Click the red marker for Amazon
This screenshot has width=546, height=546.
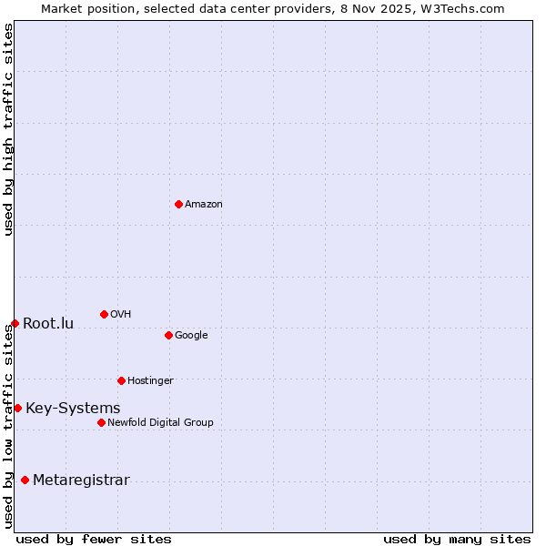point(178,204)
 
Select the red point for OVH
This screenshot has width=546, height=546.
point(104,314)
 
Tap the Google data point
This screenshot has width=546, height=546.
point(168,335)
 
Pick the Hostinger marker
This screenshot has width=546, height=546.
point(121,380)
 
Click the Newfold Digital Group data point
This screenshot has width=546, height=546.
point(101,422)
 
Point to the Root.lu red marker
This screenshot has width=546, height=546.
point(15,323)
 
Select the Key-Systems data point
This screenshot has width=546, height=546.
point(17,408)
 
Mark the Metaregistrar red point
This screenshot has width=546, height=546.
point(25,480)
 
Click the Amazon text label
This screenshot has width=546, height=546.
point(204,205)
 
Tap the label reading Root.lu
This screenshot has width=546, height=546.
point(48,323)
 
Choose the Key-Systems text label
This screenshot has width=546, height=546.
point(73,408)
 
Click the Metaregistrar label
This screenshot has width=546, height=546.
point(81,480)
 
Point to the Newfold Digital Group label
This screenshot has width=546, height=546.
point(160,422)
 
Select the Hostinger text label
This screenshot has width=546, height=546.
point(150,380)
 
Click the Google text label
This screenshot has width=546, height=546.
point(191,335)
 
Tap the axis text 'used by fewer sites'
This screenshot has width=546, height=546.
point(94,539)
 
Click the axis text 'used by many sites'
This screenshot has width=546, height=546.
point(457,539)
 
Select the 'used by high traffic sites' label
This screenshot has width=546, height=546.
point(8,129)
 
